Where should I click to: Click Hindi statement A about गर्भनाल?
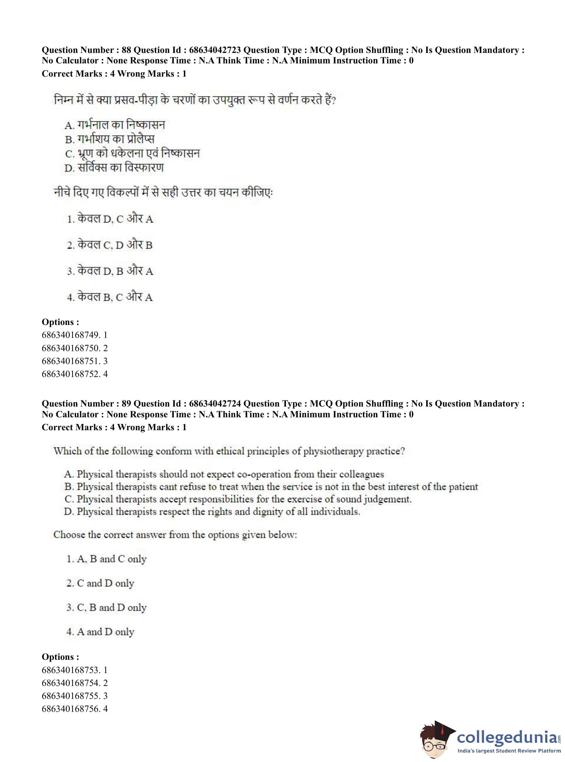[114, 125]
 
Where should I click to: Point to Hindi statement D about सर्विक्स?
[114, 168]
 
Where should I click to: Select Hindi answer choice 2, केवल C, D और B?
[110, 245]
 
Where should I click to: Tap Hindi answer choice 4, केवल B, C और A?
[110, 297]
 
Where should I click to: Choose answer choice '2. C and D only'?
[100, 583]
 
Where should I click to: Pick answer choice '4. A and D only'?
[100, 632]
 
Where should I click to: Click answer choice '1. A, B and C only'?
[106, 559]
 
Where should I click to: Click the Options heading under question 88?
[60, 322]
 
